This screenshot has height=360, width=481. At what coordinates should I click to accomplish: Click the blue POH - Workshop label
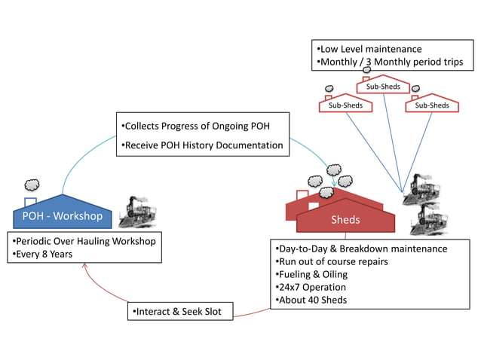63,217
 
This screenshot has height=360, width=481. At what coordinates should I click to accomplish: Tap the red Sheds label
345,220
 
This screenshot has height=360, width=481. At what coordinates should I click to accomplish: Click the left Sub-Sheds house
345,105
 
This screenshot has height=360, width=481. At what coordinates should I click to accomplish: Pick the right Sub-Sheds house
431,105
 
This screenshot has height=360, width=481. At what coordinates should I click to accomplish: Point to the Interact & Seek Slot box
177,311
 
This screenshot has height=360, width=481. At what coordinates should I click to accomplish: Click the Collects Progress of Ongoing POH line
195,126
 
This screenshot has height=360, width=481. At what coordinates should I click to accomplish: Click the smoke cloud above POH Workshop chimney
32,185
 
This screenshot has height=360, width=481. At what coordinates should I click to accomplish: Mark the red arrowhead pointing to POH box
85,267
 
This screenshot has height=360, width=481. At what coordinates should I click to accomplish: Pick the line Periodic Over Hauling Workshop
83,241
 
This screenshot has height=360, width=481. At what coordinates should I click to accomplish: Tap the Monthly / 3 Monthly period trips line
390,62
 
